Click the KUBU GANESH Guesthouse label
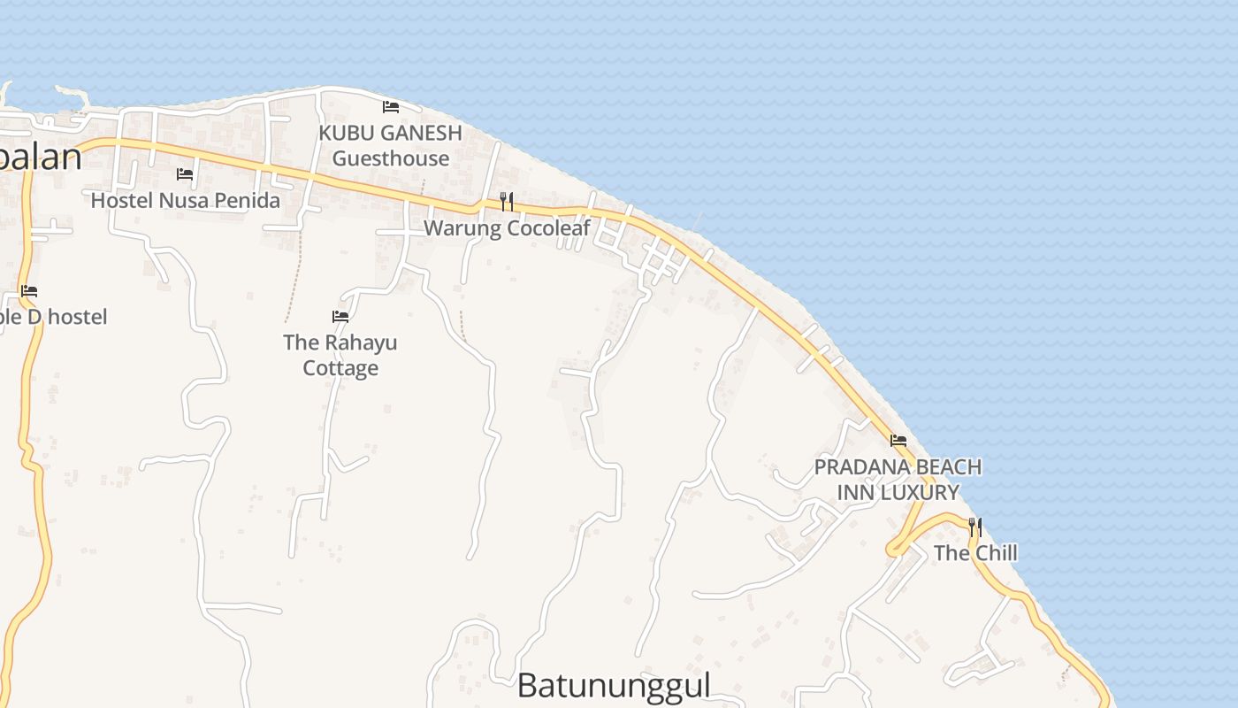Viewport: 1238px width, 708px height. point(390,146)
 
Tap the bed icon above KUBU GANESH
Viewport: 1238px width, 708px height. point(391,107)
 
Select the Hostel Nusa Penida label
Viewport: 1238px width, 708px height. point(186,201)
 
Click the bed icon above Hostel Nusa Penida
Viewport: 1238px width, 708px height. point(185,174)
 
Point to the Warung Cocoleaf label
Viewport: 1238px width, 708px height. point(507,228)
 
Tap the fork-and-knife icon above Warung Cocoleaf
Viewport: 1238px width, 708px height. point(507,202)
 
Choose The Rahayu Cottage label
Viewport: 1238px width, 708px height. point(340,355)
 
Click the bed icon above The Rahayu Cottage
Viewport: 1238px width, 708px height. point(340,316)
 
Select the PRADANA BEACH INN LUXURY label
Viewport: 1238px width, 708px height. point(898,479)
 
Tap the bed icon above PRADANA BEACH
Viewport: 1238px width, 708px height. point(898,440)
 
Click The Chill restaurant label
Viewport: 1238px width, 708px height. point(975,553)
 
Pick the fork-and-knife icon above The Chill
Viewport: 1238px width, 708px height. point(975,527)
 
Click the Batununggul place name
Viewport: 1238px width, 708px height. point(614,686)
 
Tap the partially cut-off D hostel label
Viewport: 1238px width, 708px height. point(53,317)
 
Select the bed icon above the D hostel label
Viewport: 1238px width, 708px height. point(29,290)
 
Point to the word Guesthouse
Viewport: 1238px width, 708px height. point(391,158)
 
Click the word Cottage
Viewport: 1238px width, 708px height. point(340,368)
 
